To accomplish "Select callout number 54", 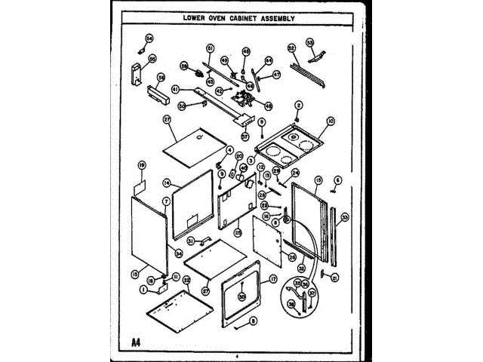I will tap(149, 38).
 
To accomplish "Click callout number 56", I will tap(161, 77).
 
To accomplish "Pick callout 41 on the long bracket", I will tap(175, 89).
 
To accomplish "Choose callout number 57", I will tap(245, 137).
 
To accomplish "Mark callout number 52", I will tap(291, 48).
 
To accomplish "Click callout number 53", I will tap(309, 42).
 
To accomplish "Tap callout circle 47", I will tap(277, 75).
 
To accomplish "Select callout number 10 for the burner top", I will tap(330, 120).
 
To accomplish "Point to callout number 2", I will tap(298, 105).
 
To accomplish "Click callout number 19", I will tap(141, 164).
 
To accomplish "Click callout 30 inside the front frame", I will tap(241, 296).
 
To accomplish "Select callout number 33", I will tap(344, 219).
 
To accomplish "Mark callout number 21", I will tap(334, 277).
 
